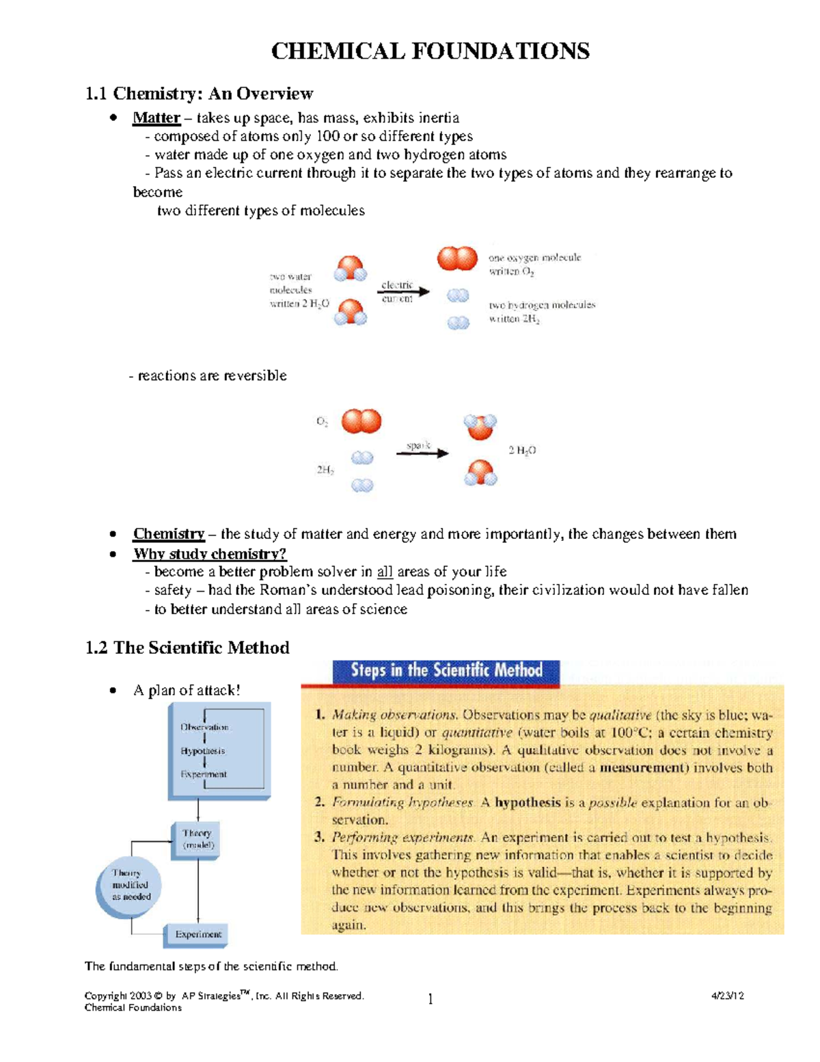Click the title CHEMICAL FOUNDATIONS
pyautogui.click(x=430, y=51)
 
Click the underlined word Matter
pyautogui.click(x=156, y=118)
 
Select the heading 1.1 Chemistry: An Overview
pyautogui.click(x=199, y=93)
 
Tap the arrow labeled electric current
pyautogui.click(x=404, y=292)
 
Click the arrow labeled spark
pyautogui.click(x=422, y=452)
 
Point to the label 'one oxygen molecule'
pyautogui.click(x=534, y=258)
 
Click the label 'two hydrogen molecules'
pyautogui.click(x=542, y=305)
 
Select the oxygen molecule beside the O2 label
pyautogui.click(x=361, y=421)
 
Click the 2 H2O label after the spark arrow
pyautogui.click(x=522, y=451)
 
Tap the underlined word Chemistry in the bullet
pyautogui.click(x=169, y=533)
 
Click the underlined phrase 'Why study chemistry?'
pyautogui.click(x=210, y=553)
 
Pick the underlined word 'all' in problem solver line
pyautogui.click(x=385, y=572)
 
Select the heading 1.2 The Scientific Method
pyautogui.click(x=187, y=648)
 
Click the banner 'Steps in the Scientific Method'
pyautogui.click(x=446, y=671)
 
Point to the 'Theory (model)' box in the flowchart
pyautogui.click(x=197, y=839)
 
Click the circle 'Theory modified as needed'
pyautogui.click(x=128, y=886)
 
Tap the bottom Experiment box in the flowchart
pyautogui.click(x=197, y=934)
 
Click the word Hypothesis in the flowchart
pyautogui.click(x=203, y=751)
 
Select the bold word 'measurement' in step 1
pyautogui.click(x=644, y=767)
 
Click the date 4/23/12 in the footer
pyautogui.click(x=727, y=996)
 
